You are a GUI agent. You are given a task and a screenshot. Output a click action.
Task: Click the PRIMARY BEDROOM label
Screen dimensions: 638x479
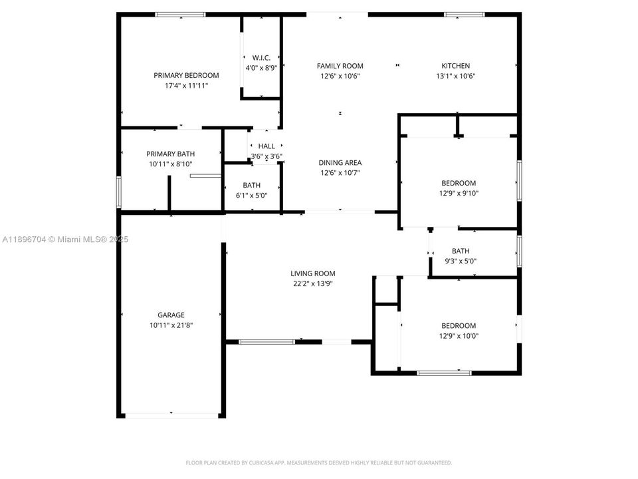[x=186, y=75]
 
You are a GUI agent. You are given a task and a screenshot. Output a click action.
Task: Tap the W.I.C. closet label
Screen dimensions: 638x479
[x=261, y=58]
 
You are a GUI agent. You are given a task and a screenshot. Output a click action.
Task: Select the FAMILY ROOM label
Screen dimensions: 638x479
[x=340, y=66]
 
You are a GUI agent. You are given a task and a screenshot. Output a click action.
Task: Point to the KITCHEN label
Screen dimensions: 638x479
[x=456, y=66]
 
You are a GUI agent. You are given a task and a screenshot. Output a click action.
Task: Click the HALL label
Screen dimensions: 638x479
[x=266, y=146]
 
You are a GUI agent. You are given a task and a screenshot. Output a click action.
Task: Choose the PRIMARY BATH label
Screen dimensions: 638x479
[x=171, y=154]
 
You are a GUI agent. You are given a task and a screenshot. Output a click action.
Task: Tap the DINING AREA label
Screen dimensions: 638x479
[x=340, y=163]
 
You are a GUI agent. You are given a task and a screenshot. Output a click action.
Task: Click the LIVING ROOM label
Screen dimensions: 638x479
[x=313, y=273]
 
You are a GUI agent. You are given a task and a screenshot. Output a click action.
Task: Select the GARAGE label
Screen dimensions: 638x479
[x=171, y=315]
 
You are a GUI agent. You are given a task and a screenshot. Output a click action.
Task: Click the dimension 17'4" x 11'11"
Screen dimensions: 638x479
[x=186, y=86]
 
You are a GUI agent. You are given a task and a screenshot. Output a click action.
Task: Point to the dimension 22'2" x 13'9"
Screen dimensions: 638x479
[x=313, y=284]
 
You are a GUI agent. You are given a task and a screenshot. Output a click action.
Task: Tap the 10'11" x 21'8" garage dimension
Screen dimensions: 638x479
[x=171, y=325]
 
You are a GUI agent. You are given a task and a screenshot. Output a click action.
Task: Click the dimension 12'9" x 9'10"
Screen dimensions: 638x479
[x=459, y=194]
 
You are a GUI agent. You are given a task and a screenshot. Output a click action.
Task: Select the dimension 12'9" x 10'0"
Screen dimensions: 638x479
[x=459, y=336]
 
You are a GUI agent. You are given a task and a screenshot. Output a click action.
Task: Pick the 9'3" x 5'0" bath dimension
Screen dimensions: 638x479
[x=461, y=261]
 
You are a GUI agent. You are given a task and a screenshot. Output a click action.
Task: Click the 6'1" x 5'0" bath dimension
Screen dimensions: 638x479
[x=251, y=196]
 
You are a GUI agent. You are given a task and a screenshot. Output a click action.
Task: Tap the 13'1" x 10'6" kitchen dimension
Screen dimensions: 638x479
[x=456, y=76]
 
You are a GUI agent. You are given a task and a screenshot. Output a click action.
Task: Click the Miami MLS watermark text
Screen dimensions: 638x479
[x=65, y=239]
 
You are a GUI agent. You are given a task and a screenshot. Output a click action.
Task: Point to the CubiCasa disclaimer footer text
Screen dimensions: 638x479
[x=318, y=463]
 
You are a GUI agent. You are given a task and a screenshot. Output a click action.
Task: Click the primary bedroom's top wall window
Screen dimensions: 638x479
[x=180, y=15]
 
